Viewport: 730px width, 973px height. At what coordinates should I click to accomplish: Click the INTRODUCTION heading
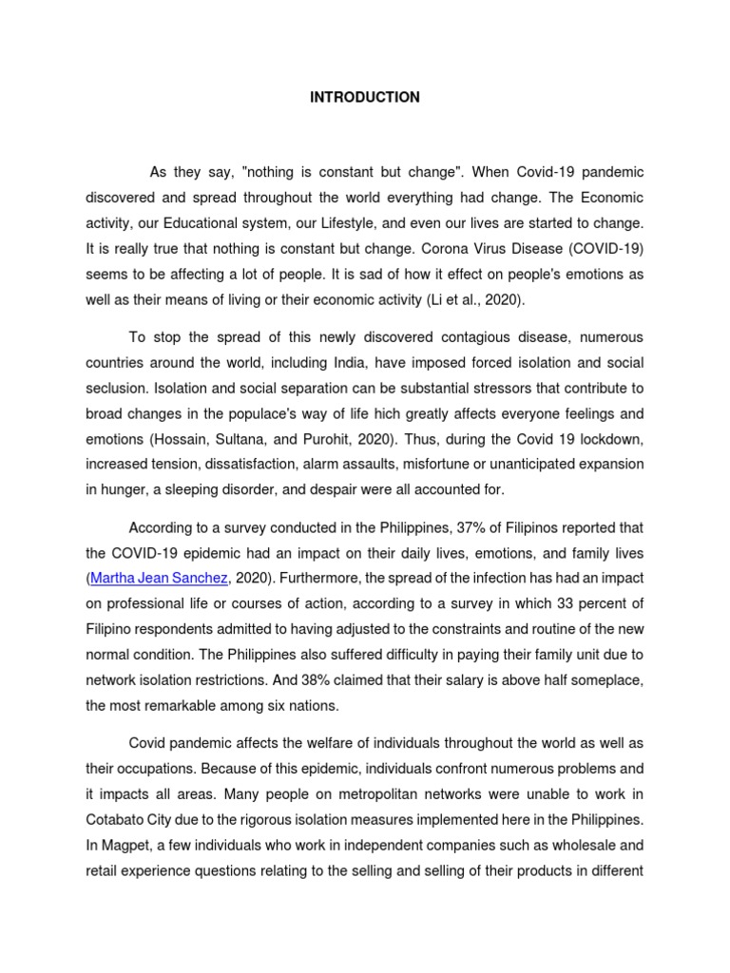364,98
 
